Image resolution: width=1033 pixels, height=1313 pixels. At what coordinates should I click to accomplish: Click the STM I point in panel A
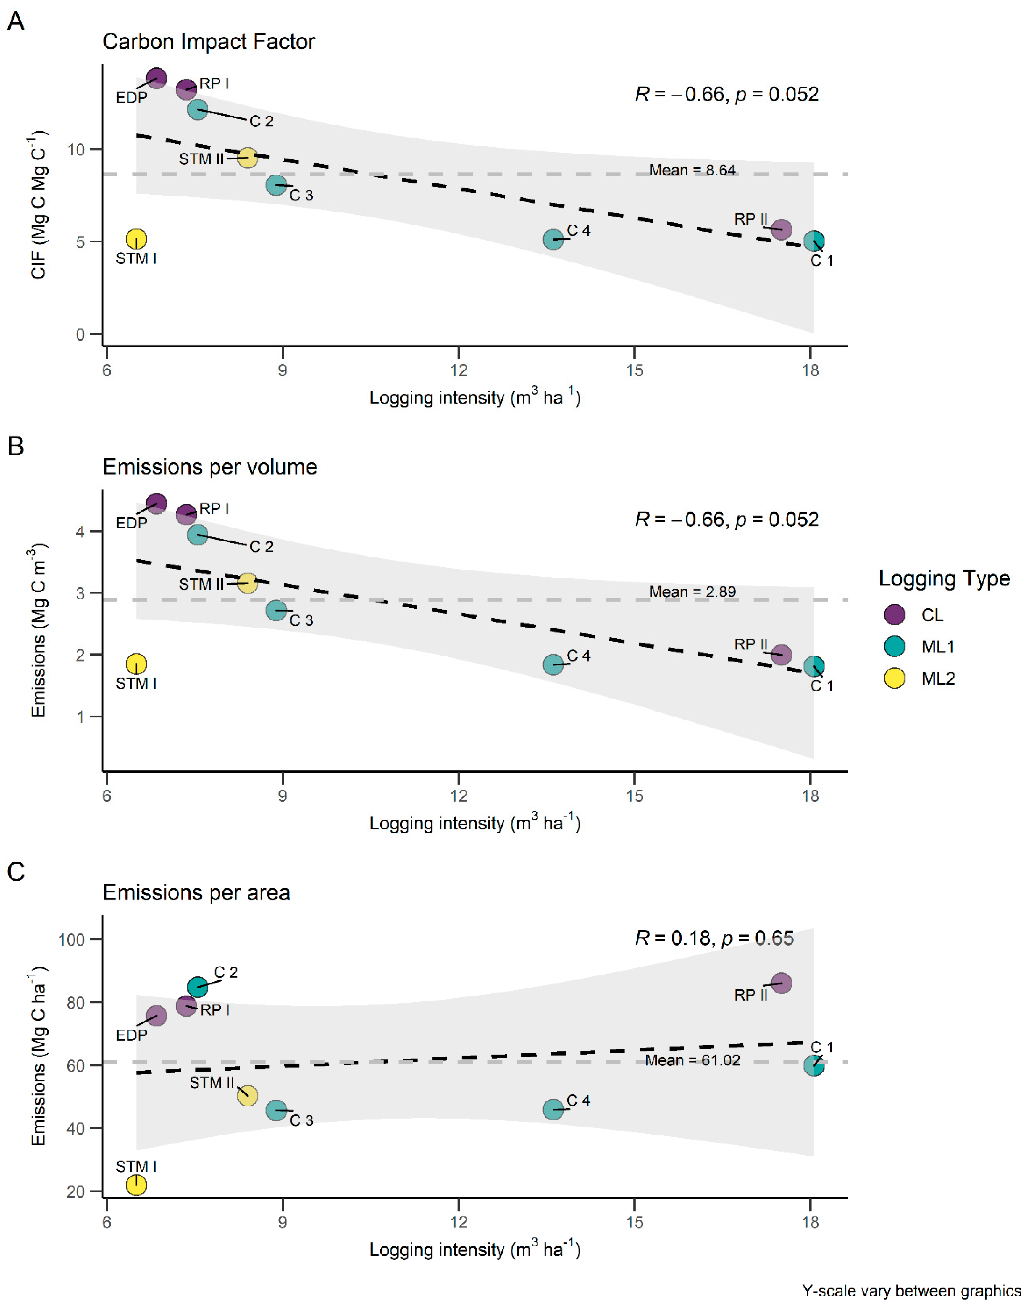coord(137,239)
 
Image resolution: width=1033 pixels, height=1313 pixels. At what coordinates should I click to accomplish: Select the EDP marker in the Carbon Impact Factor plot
coord(157,78)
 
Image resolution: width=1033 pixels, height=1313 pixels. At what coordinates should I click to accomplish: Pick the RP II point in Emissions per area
coord(781,983)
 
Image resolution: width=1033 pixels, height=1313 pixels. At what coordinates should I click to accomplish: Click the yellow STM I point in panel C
coord(137,1185)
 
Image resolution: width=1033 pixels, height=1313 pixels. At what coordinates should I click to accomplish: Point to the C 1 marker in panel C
coord(814,1066)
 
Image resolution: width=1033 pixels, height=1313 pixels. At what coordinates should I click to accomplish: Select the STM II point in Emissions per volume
coord(247,583)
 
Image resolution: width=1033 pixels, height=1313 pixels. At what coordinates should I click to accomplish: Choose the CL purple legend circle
coord(895,614)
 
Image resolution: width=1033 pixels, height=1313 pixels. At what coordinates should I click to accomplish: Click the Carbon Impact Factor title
coord(209,42)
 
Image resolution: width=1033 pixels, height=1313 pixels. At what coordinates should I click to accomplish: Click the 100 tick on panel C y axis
coord(71,939)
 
